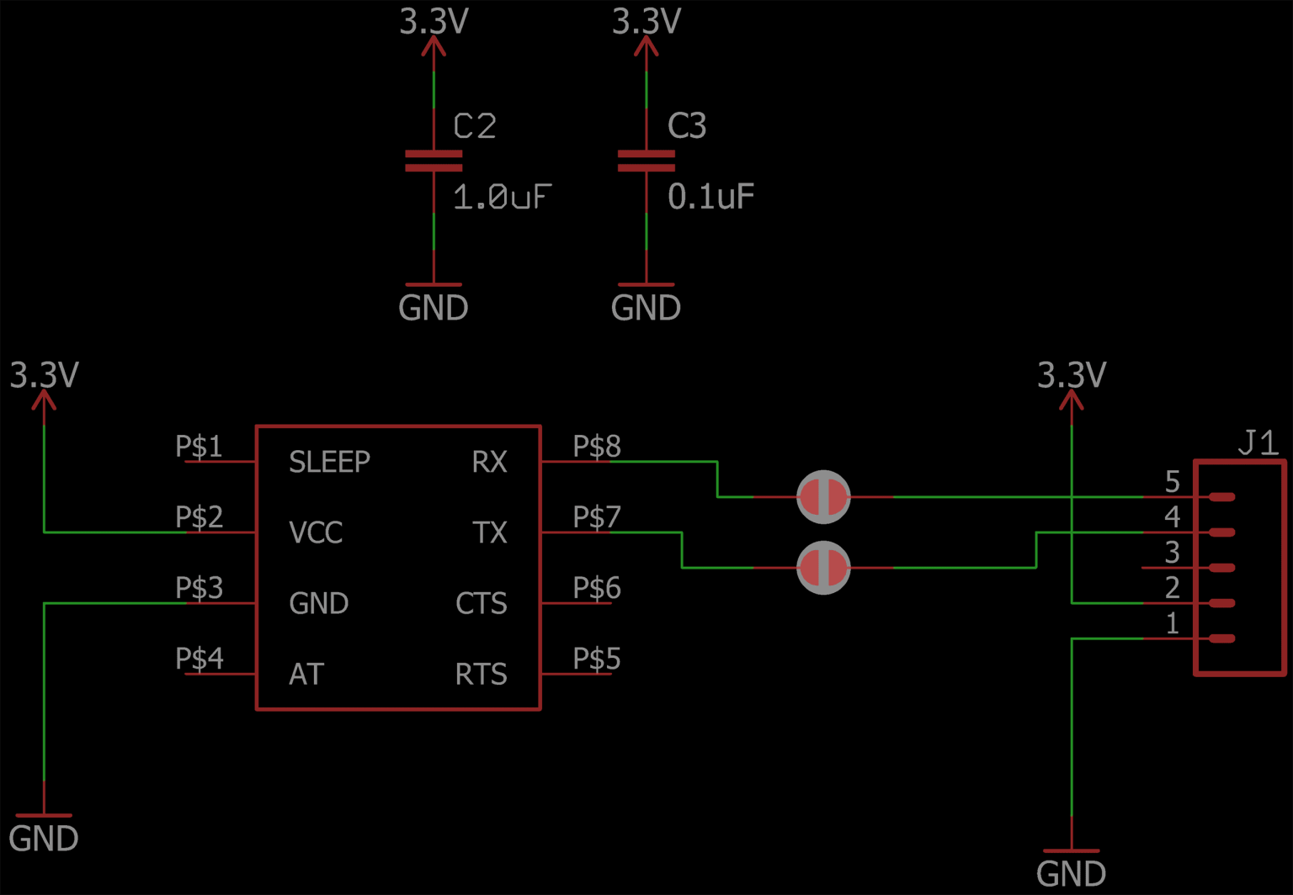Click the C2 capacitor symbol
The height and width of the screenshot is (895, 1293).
click(434, 161)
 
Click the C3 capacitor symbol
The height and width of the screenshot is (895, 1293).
click(646, 161)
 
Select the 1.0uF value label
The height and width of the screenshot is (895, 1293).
click(502, 198)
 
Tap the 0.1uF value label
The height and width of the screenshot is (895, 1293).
click(710, 197)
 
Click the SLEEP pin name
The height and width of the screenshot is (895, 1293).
click(329, 462)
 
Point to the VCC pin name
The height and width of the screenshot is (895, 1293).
click(316, 532)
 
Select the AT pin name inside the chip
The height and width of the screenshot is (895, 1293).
click(306, 674)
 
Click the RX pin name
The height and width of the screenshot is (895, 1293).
click(489, 462)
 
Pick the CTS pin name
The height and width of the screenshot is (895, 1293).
click(481, 603)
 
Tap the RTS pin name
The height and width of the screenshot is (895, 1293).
click(481, 674)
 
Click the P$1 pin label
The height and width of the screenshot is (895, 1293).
click(200, 446)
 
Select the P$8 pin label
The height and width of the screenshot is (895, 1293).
click(597, 446)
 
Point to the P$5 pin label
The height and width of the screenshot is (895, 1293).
click(597, 658)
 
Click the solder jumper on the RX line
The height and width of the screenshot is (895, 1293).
click(823, 497)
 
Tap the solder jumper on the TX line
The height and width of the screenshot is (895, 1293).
click(823, 568)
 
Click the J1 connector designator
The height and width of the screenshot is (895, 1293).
click(1258, 442)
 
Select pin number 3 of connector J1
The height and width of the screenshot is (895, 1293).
click(1172, 553)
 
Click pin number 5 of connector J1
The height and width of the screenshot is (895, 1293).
click(1172, 482)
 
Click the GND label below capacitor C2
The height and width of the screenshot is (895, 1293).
click(434, 308)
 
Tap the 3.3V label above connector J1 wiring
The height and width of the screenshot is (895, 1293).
click(1071, 375)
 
